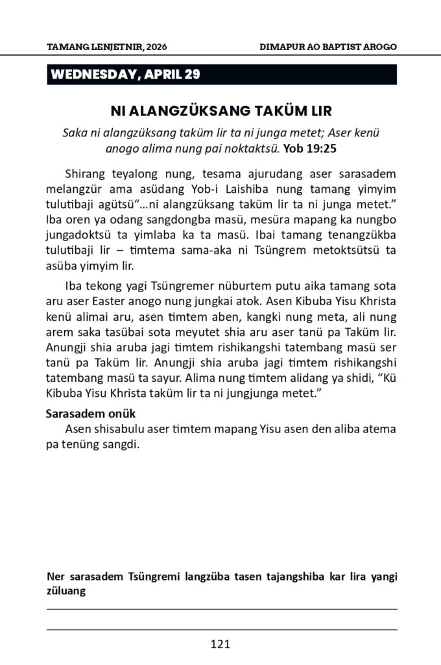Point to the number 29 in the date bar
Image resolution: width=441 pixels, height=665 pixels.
pos(193,74)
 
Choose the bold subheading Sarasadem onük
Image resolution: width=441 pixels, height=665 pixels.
pos(90,414)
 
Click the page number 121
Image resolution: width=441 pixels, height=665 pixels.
pos(220,644)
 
